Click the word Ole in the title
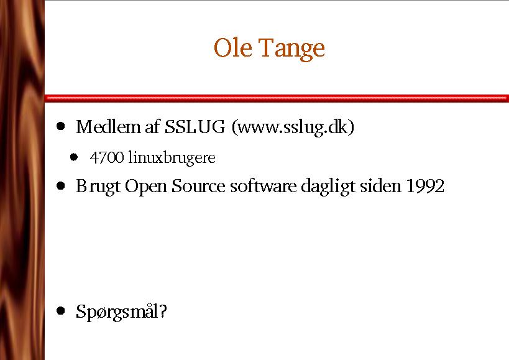(x=233, y=48)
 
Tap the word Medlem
(x=108, y=127)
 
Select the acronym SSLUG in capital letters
(x=195, y=127)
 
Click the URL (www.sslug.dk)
(x=293, y=127)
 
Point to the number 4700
(x=107, y=157)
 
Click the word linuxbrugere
(x=172, y=158)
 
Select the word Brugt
(x=98, y=187)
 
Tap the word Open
(x=146, y=187)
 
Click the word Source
(x=198, y=187)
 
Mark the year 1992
(x=425, y=187)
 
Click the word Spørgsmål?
(x=121, y=312)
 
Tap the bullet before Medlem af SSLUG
(x=61, y=126)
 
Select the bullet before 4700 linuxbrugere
(x=74, y=157)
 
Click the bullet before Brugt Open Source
(x=61, y=186)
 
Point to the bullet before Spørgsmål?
(x=61, y=311)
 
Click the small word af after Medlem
(x=153, y=126)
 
